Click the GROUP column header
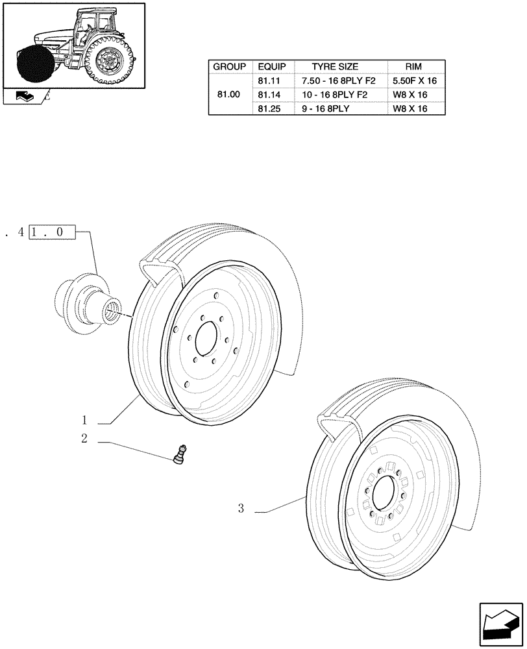[229, 67]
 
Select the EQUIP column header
[271, 67]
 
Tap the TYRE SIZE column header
[334, 67]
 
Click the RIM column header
[413, 67]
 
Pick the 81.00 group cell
[229, 95]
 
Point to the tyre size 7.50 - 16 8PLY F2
[334, 81]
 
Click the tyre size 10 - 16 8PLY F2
[334, 95]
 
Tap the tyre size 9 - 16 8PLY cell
[326, 108]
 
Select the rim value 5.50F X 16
[415, 81]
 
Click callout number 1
[84, 419]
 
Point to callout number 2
[84, 439]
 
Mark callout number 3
[241, 509]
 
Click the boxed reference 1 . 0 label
[52, 232]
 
